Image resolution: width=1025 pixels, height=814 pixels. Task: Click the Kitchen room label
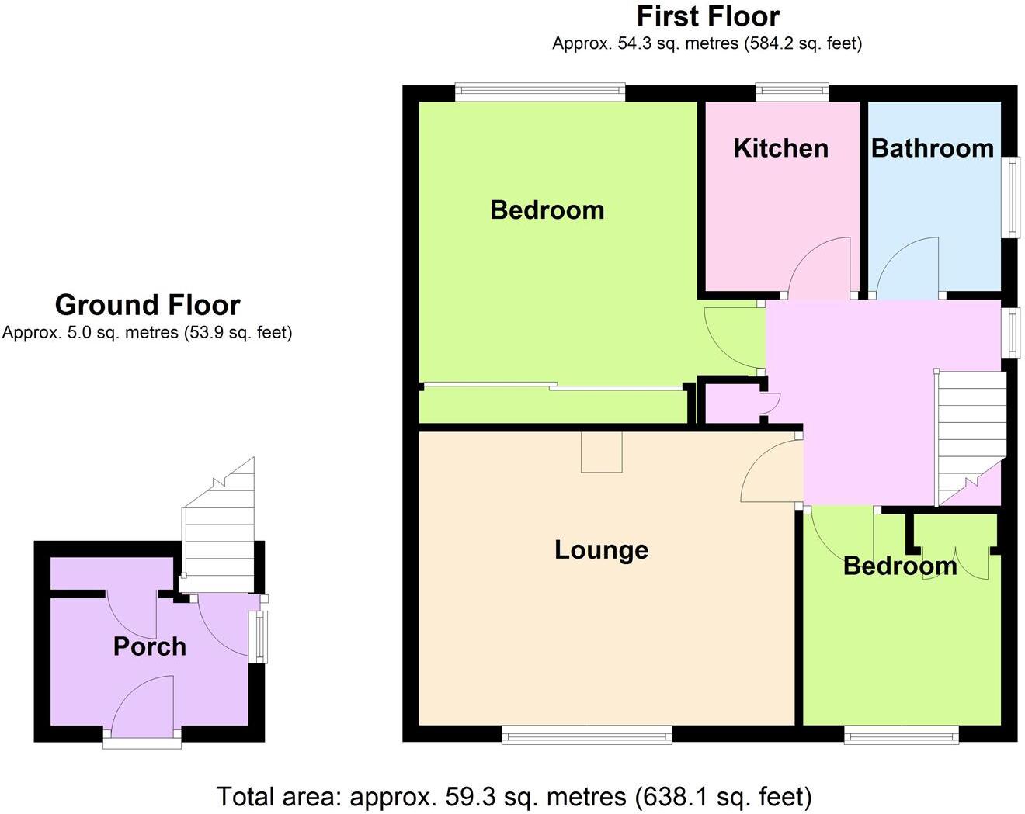(780, 148)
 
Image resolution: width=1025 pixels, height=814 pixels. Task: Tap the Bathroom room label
(932, 148)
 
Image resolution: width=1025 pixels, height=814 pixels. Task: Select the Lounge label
(601, 550)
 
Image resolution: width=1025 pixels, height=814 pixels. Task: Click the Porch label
(149, 646)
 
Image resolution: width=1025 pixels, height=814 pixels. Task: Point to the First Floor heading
(707, 16)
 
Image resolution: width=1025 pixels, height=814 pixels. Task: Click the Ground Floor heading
(148, 305)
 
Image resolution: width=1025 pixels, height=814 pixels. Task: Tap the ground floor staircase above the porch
(220, 535)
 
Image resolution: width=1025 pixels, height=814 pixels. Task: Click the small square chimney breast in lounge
(602, 452)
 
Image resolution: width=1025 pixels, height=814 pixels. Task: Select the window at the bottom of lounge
(586, 734)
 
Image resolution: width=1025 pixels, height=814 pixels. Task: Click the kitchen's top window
(792, 93)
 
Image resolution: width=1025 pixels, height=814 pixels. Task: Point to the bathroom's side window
(1011, 197)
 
